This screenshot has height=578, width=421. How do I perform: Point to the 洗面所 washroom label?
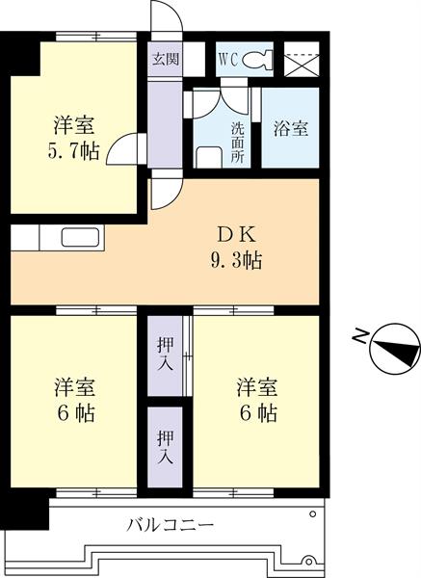coord(237,142)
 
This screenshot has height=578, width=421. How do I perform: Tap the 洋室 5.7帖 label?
coord(73,138)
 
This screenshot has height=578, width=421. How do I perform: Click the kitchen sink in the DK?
coord(77,237)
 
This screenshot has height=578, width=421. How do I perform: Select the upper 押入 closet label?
coord(165,353)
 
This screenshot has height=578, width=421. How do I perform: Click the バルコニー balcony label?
coord(171,525)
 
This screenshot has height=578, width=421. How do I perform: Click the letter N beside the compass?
coord(358,336)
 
